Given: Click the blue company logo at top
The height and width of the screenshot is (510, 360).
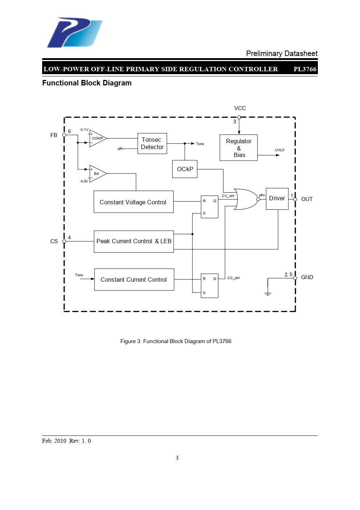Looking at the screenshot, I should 74,32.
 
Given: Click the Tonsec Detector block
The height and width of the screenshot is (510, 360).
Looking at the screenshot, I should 152,144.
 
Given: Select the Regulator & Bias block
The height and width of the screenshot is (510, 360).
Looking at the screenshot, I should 239,148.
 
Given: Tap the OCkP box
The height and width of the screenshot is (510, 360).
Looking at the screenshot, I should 185,169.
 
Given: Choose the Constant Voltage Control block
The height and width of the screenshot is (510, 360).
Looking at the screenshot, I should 133,202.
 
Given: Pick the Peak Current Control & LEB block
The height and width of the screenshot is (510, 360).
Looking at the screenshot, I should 134,241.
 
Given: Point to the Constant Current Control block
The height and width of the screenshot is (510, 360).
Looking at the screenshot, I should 134,280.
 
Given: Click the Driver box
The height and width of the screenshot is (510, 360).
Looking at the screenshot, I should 277,198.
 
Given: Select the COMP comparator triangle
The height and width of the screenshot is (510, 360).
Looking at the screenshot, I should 97,138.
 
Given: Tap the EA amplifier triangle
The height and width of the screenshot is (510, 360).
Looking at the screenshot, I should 97,173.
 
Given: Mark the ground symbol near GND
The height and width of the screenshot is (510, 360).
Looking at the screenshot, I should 268,293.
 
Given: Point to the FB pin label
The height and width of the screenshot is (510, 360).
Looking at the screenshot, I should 54,135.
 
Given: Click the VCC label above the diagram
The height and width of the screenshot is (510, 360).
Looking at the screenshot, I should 240,108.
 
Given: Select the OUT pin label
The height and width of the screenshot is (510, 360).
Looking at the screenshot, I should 307,199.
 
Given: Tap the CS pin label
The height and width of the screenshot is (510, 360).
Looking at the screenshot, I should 54,241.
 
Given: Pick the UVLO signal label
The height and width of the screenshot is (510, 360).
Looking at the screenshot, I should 280,150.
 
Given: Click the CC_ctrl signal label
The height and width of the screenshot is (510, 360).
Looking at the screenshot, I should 234,278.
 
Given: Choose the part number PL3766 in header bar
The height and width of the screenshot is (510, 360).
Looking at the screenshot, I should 305,69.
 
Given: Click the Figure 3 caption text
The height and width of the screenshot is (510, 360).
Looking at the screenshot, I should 176,341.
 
